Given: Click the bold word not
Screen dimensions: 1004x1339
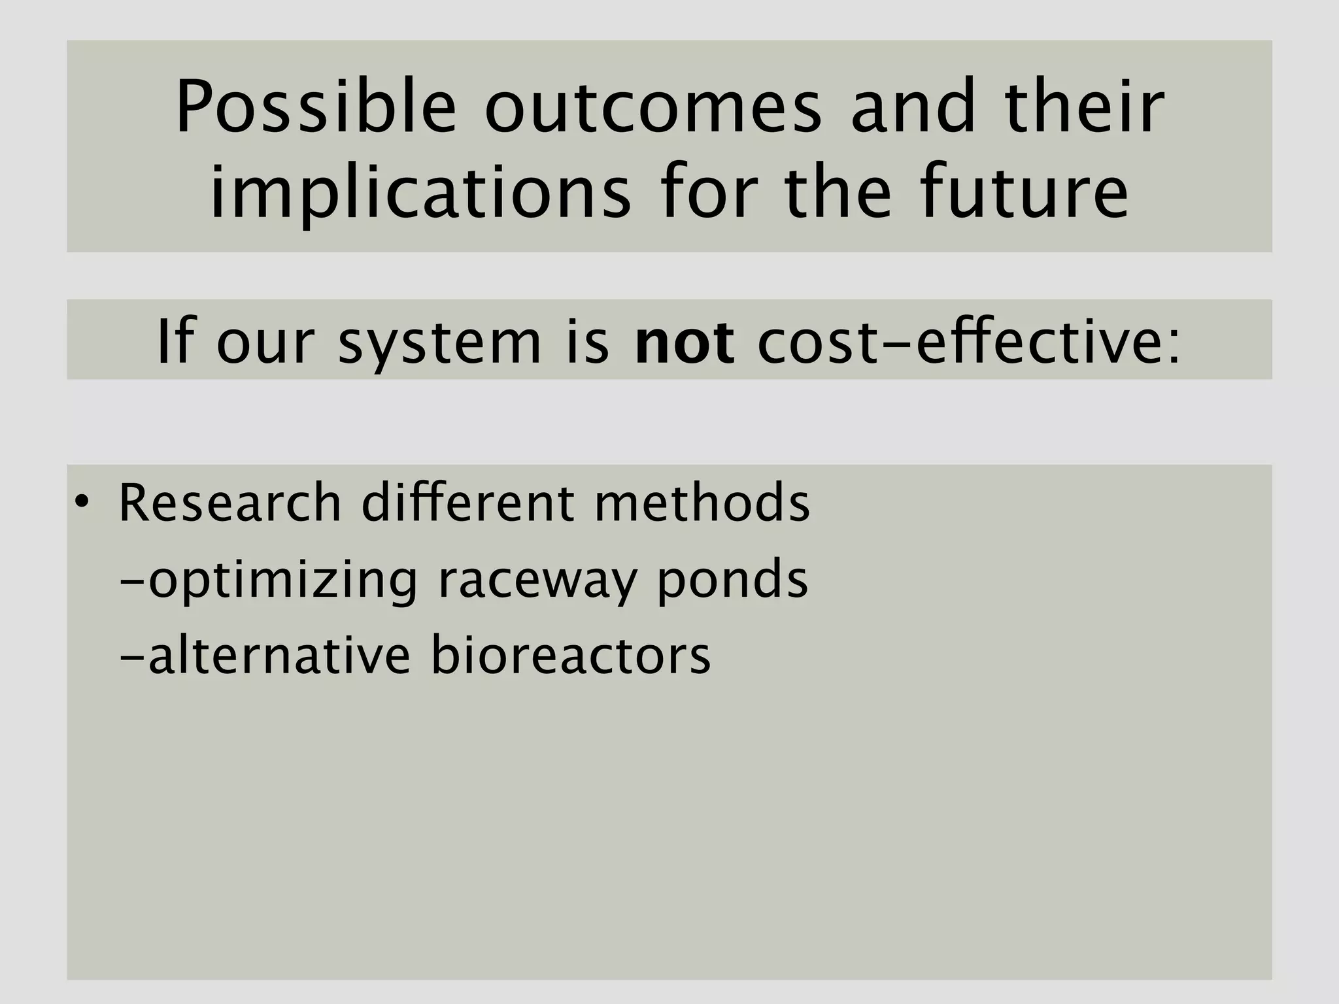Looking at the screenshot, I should click(684, 342).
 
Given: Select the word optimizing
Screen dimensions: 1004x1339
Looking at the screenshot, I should click(282, 580).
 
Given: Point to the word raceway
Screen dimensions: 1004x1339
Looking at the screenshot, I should click(536, 580).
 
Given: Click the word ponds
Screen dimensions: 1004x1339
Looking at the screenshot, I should click(732, 580).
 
